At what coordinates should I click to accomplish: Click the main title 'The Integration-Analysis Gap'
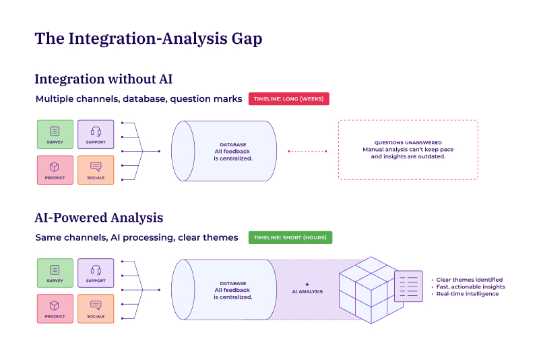coord(148,38)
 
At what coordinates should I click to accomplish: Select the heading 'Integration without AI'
coord(104,79)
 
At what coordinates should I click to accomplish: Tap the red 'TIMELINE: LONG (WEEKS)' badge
coord(288,98)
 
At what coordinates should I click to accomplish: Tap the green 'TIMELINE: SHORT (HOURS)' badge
coord(290,237)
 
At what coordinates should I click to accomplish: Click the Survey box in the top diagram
coord(55,134)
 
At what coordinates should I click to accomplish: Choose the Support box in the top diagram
coord(96,134)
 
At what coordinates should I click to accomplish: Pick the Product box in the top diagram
coord(55,169)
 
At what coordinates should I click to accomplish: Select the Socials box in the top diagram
coord(96,169)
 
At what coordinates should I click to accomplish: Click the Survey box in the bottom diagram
coord(55,272)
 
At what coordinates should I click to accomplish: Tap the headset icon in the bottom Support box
coord(96,268)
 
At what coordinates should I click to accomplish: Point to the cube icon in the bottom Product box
coord(55,304)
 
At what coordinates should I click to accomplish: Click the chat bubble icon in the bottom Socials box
coord(96,304)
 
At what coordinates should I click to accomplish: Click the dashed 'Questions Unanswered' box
coord(408,150)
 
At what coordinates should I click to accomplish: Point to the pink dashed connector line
coord(307,151)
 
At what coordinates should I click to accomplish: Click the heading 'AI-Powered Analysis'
coord(98,218)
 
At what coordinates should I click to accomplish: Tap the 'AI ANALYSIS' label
coord(307,292)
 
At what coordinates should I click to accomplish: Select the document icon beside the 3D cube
coord(408,286)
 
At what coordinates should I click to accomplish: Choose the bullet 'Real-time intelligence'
coord(468,294)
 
